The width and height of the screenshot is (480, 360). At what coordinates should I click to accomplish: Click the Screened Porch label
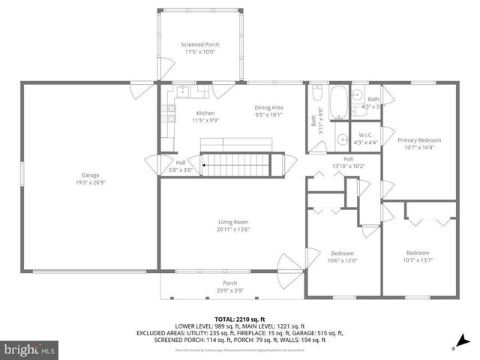(202, 44)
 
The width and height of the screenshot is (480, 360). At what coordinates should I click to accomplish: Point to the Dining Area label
(268, 108)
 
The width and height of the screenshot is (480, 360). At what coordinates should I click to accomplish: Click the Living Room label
(232, 222)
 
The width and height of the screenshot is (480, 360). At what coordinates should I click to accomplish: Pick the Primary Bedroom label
(419, 140)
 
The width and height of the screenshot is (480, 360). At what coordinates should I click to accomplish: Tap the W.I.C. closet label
(367, 135)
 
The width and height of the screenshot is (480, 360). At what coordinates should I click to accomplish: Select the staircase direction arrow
(204, 160)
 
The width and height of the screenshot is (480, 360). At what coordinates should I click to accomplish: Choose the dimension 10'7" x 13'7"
(418, 260)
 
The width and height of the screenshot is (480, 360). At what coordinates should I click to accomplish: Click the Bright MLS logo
(30, 349)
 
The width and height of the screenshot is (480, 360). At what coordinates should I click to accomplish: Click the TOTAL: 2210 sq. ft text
(239, 319)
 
